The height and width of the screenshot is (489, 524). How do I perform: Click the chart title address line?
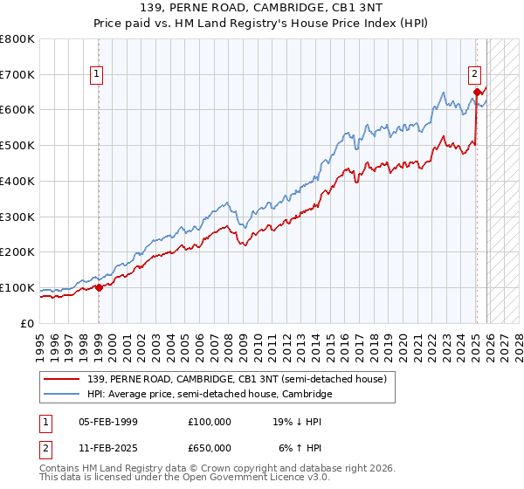pyautogui.click(x=261, y=8)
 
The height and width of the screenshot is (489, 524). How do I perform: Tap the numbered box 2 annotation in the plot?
pyautogui.click(x=473, y=75)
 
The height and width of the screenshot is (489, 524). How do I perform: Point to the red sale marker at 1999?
pyautogui.click(x=99, y=287)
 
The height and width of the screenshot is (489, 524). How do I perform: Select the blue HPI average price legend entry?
pyautogui.click(x=210, y=395)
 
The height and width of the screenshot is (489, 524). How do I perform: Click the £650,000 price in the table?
pyautogui.click(x=210, y=447)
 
